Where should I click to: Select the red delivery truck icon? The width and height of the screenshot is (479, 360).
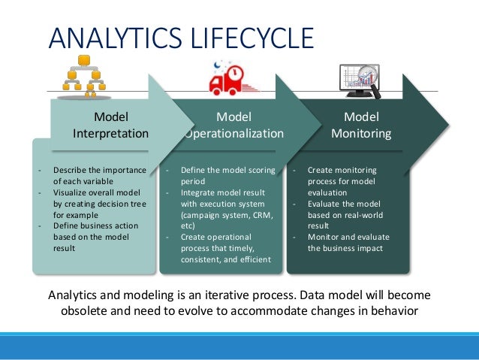point(228,78)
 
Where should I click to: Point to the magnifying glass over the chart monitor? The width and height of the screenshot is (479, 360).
point(368,77)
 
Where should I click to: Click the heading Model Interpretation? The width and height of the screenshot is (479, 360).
point(110,126)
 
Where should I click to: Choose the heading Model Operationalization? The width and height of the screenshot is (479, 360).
point(233,126)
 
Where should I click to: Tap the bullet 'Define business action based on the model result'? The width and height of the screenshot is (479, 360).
point(93,237)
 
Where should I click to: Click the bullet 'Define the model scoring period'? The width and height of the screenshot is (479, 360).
point(222,175)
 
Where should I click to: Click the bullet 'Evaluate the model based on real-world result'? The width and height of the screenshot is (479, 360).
point(345,214)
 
